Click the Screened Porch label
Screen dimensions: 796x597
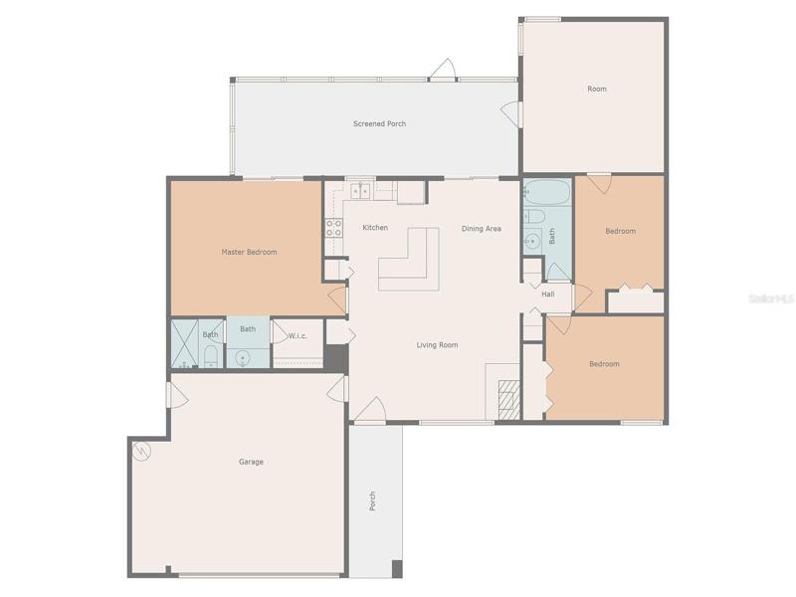click(x=380, y=123)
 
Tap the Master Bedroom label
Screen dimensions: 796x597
click(x=250, y=252)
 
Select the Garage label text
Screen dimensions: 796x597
click(x=252, y=462)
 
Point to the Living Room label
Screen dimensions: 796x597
click(x=437, y=345)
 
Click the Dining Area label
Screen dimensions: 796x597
click(x=482, y=229)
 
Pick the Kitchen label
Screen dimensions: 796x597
click(x=375, y=228)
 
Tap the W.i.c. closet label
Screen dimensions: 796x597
click(x=298, y=335)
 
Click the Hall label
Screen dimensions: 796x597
click(x=548, y=294)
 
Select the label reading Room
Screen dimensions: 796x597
click(x=597, y=89)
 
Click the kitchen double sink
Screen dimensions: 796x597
click(x=361, y=190)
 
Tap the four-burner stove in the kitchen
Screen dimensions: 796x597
click(x=333, y=228)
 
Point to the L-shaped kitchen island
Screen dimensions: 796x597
click(x=409, y=259)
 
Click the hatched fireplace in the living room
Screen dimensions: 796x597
click(x=509, y=399)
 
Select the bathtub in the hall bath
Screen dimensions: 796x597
click(x=546, y=192)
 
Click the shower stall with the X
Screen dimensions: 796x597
click(x=184, y=343)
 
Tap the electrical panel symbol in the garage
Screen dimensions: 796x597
click(x=141, y=451)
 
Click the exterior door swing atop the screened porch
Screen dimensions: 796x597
click(x=443, y=70)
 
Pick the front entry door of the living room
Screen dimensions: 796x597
click(x=370, y=410)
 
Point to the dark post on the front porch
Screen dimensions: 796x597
click(x=397, y=568)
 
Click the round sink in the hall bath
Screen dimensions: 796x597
click(x=532, y=241)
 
